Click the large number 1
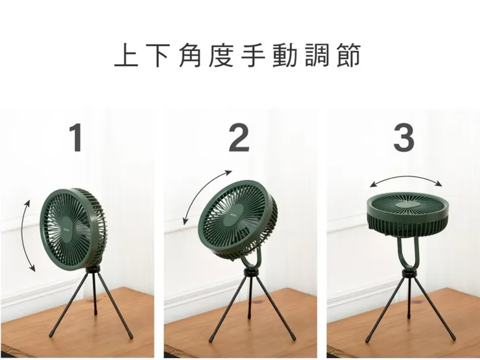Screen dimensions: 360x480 pyautogui.click(x=77, y=138)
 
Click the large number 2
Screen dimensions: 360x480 pyautogui.click(x=239, y=138)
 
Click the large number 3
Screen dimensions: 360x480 pyautogui.click(x=403, y=138)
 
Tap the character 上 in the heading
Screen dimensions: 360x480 pyautogui.click(x=125, y=56)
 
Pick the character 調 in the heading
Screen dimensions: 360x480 pyautogui.click(x=320, y=56)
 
